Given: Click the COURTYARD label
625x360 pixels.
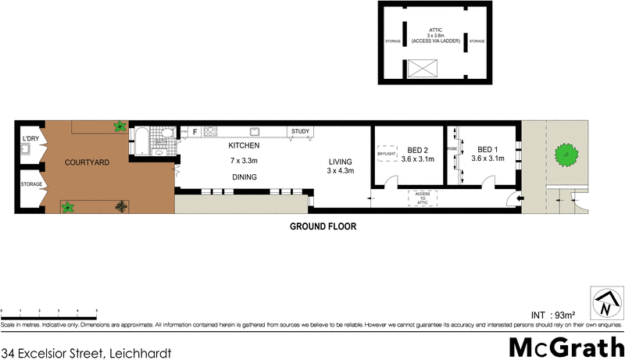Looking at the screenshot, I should pyautogui.click(x=87, y=162).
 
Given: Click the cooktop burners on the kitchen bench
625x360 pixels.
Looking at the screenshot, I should pyautogui.click(x=209, y=132).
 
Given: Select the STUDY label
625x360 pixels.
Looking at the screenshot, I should pyautogui.click(x=301, y=131).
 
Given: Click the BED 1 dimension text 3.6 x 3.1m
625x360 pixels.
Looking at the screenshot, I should pyautogui.click(x=488, y=159).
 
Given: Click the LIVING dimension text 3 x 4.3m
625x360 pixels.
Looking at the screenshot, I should pyautogui.click(x=341, y=170).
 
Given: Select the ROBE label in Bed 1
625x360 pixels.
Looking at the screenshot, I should pyautogui.click(x=452, y=148).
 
